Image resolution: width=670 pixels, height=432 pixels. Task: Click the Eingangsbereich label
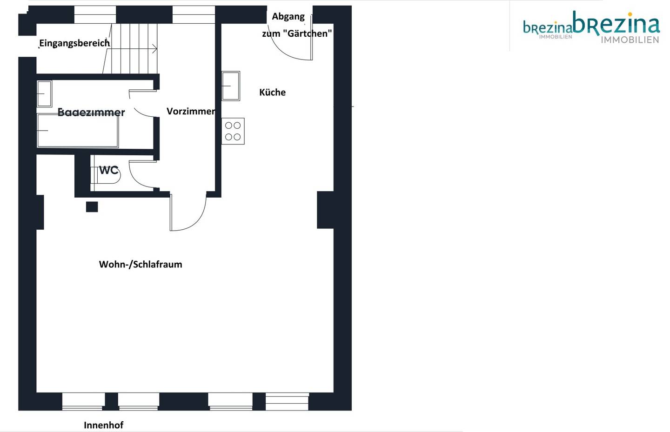74,43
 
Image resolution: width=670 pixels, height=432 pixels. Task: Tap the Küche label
272,92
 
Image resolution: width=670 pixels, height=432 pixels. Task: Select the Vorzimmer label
191,111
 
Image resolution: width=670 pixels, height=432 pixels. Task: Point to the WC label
108,170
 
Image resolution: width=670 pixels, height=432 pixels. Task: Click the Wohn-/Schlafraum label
141,264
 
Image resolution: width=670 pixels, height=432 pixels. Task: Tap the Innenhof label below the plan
103,425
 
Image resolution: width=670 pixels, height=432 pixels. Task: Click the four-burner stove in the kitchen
233,131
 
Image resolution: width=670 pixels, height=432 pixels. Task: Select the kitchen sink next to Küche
231,86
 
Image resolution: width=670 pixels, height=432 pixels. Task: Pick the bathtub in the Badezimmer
77,131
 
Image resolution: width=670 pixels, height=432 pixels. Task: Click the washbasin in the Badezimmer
44,93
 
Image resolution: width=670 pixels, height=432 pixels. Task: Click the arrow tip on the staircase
157,49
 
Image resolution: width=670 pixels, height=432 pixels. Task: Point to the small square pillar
92,207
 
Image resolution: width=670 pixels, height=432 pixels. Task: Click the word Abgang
288,16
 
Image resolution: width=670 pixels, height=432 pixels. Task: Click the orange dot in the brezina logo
630,14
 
